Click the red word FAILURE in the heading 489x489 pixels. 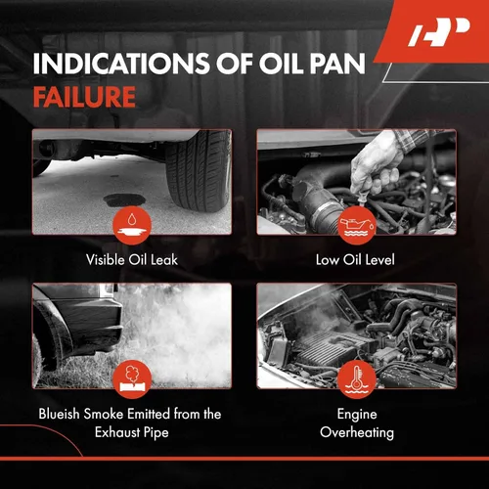[84, 97]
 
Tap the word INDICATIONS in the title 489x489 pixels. [121, 64]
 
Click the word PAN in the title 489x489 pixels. [337, 64]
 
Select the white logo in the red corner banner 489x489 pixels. [439, 32]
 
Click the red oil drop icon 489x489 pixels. [132, 225]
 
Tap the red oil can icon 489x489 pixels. [357, 225]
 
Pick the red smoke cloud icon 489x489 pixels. [132, 379]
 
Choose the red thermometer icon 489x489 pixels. [357, 379]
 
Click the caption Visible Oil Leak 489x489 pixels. [132, 260]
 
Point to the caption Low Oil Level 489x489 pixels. [355, 260]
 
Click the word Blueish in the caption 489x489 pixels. [60, 414]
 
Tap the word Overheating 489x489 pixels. [357, 433]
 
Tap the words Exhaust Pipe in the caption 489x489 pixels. [132, 432]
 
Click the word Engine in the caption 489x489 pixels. [357, 415]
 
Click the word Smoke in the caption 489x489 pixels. [104, 414]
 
